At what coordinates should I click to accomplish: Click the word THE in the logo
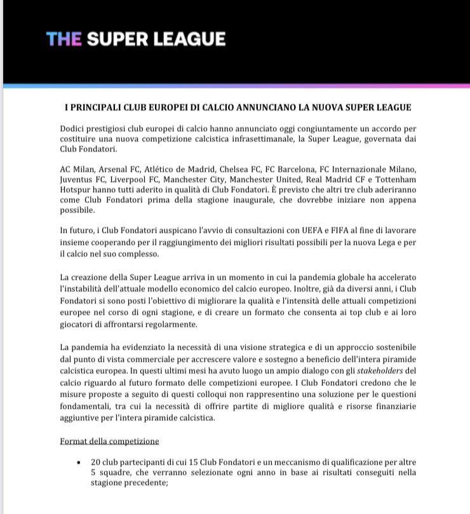[x=64, y=39]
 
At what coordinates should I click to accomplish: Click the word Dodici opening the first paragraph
[x=75, y=128]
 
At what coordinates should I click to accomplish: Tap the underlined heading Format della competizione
[x=109, y=441]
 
